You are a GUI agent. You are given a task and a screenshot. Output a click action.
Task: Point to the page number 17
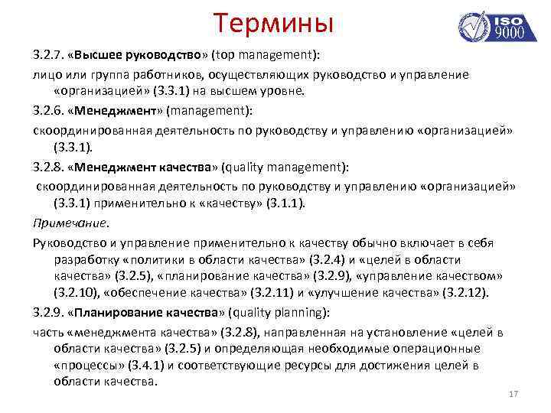(x=514, y=394)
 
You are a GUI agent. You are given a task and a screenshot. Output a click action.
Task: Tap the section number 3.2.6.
(x=47, y=110)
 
